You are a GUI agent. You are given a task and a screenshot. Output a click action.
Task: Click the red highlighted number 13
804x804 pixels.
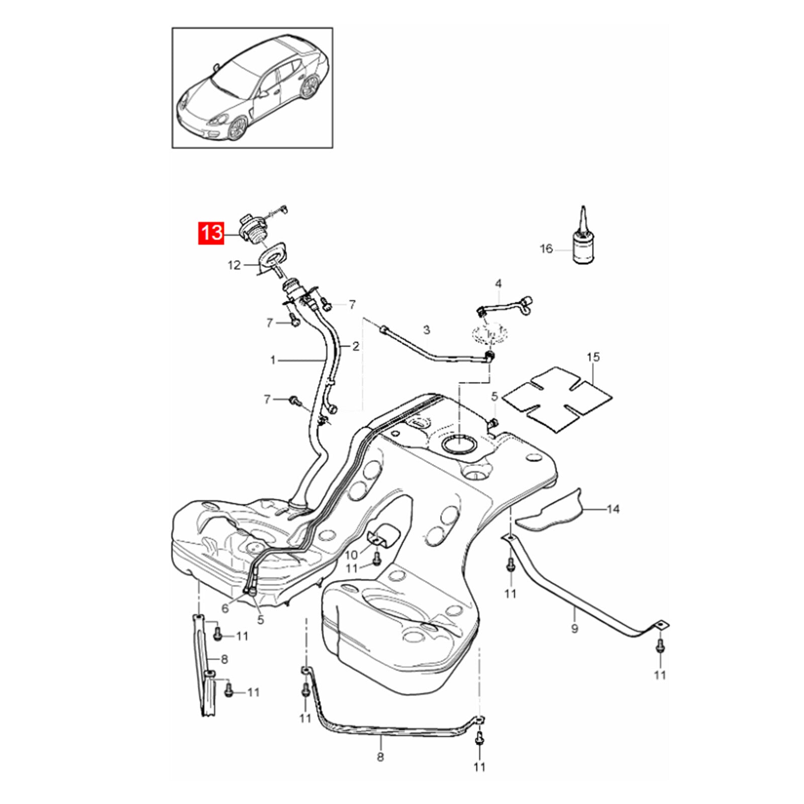pos(212,233)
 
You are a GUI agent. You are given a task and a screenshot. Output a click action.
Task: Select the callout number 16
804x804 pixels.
pos(546,249)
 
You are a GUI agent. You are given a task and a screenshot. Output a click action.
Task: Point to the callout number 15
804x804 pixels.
pos(593,357)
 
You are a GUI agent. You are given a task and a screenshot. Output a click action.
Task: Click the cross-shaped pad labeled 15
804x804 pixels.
pos(557,399)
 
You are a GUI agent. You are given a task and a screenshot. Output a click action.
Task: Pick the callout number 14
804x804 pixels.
pos(613,510)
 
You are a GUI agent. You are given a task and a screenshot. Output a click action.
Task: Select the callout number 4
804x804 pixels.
pos(498,284)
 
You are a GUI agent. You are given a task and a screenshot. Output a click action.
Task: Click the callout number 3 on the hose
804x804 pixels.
pos(427,330)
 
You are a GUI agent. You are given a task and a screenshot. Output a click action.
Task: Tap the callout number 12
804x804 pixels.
pos(234,265)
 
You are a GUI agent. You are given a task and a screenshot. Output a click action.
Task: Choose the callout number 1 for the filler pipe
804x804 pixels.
pos(273,360)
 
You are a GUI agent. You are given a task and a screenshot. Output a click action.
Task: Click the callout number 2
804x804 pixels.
pos(356,346)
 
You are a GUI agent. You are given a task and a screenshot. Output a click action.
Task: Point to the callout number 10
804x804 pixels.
pos(351,555)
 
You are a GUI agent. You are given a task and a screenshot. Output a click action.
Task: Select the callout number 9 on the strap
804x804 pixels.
pos(574,628)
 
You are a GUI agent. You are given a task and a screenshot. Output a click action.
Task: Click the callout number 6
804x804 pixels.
pos(225,609)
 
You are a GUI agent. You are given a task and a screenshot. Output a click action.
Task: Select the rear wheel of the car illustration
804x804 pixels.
pos(310,86)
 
